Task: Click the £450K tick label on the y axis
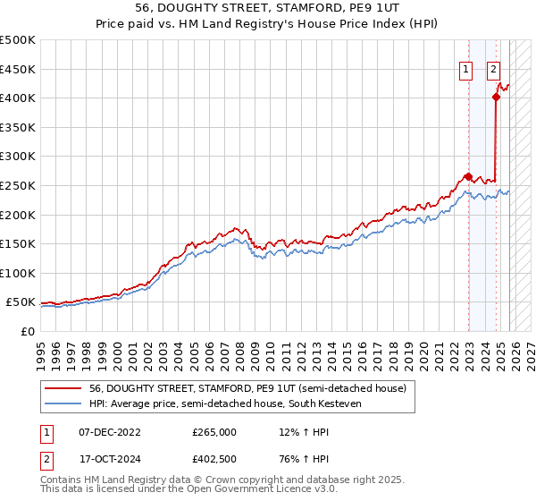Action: [x=18, y=69]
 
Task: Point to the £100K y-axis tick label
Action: [x=18, y=273]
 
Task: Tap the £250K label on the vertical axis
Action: [x=18, y=185]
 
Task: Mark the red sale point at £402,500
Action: [x=497, y=97]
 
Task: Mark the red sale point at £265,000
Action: [x=468, y=176]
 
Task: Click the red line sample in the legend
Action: [x=63, y=388]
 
